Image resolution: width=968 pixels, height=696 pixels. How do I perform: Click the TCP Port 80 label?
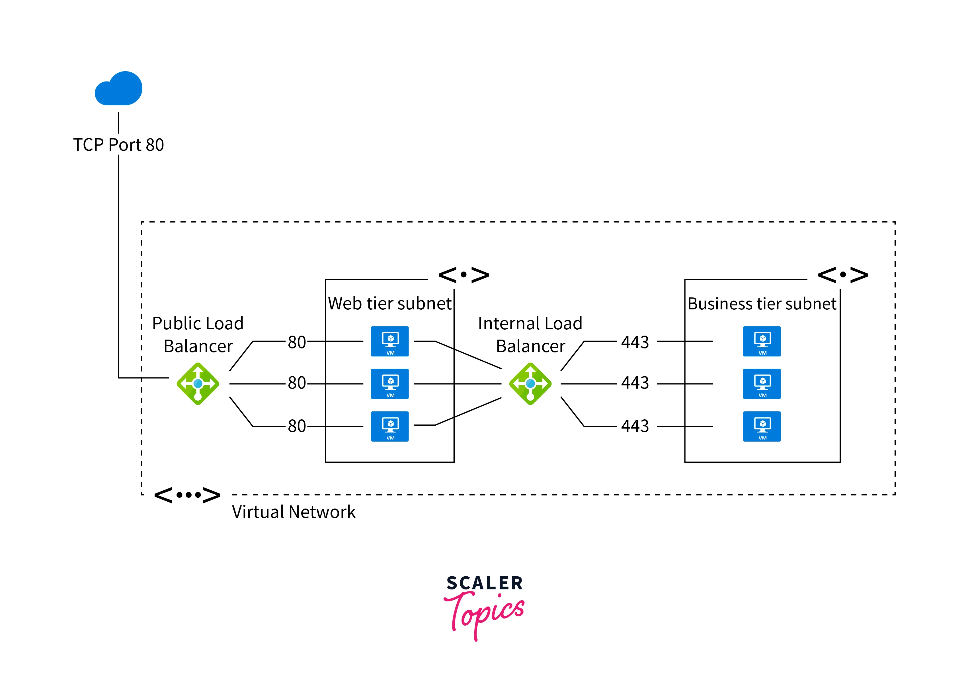[119, 145]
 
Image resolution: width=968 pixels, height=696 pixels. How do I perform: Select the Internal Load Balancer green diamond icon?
[530, 383]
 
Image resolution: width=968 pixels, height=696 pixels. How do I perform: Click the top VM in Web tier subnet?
[390, 341]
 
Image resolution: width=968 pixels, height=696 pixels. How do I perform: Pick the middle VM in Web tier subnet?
[390, 383]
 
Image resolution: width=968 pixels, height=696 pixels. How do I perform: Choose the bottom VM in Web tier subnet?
[390, 426]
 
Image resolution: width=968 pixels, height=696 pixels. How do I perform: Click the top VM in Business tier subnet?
[762, 341]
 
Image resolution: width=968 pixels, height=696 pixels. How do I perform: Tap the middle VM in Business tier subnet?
[762, 383]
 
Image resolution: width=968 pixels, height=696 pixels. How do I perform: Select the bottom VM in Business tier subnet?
[762, 426]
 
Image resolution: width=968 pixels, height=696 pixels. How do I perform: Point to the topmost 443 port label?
[635, 342]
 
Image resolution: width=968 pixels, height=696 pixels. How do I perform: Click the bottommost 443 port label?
[635, 426]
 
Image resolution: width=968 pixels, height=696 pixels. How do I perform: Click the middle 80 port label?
[297, 383]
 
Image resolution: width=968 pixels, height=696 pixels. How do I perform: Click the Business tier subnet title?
[762, 304]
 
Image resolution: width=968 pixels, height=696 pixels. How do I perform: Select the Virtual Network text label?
[294, 512]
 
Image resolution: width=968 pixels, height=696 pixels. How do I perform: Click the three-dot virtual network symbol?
[187, 495]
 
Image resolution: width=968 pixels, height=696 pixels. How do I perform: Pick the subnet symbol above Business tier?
[843, 275]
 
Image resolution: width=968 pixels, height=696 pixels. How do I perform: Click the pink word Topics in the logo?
[484, 613]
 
